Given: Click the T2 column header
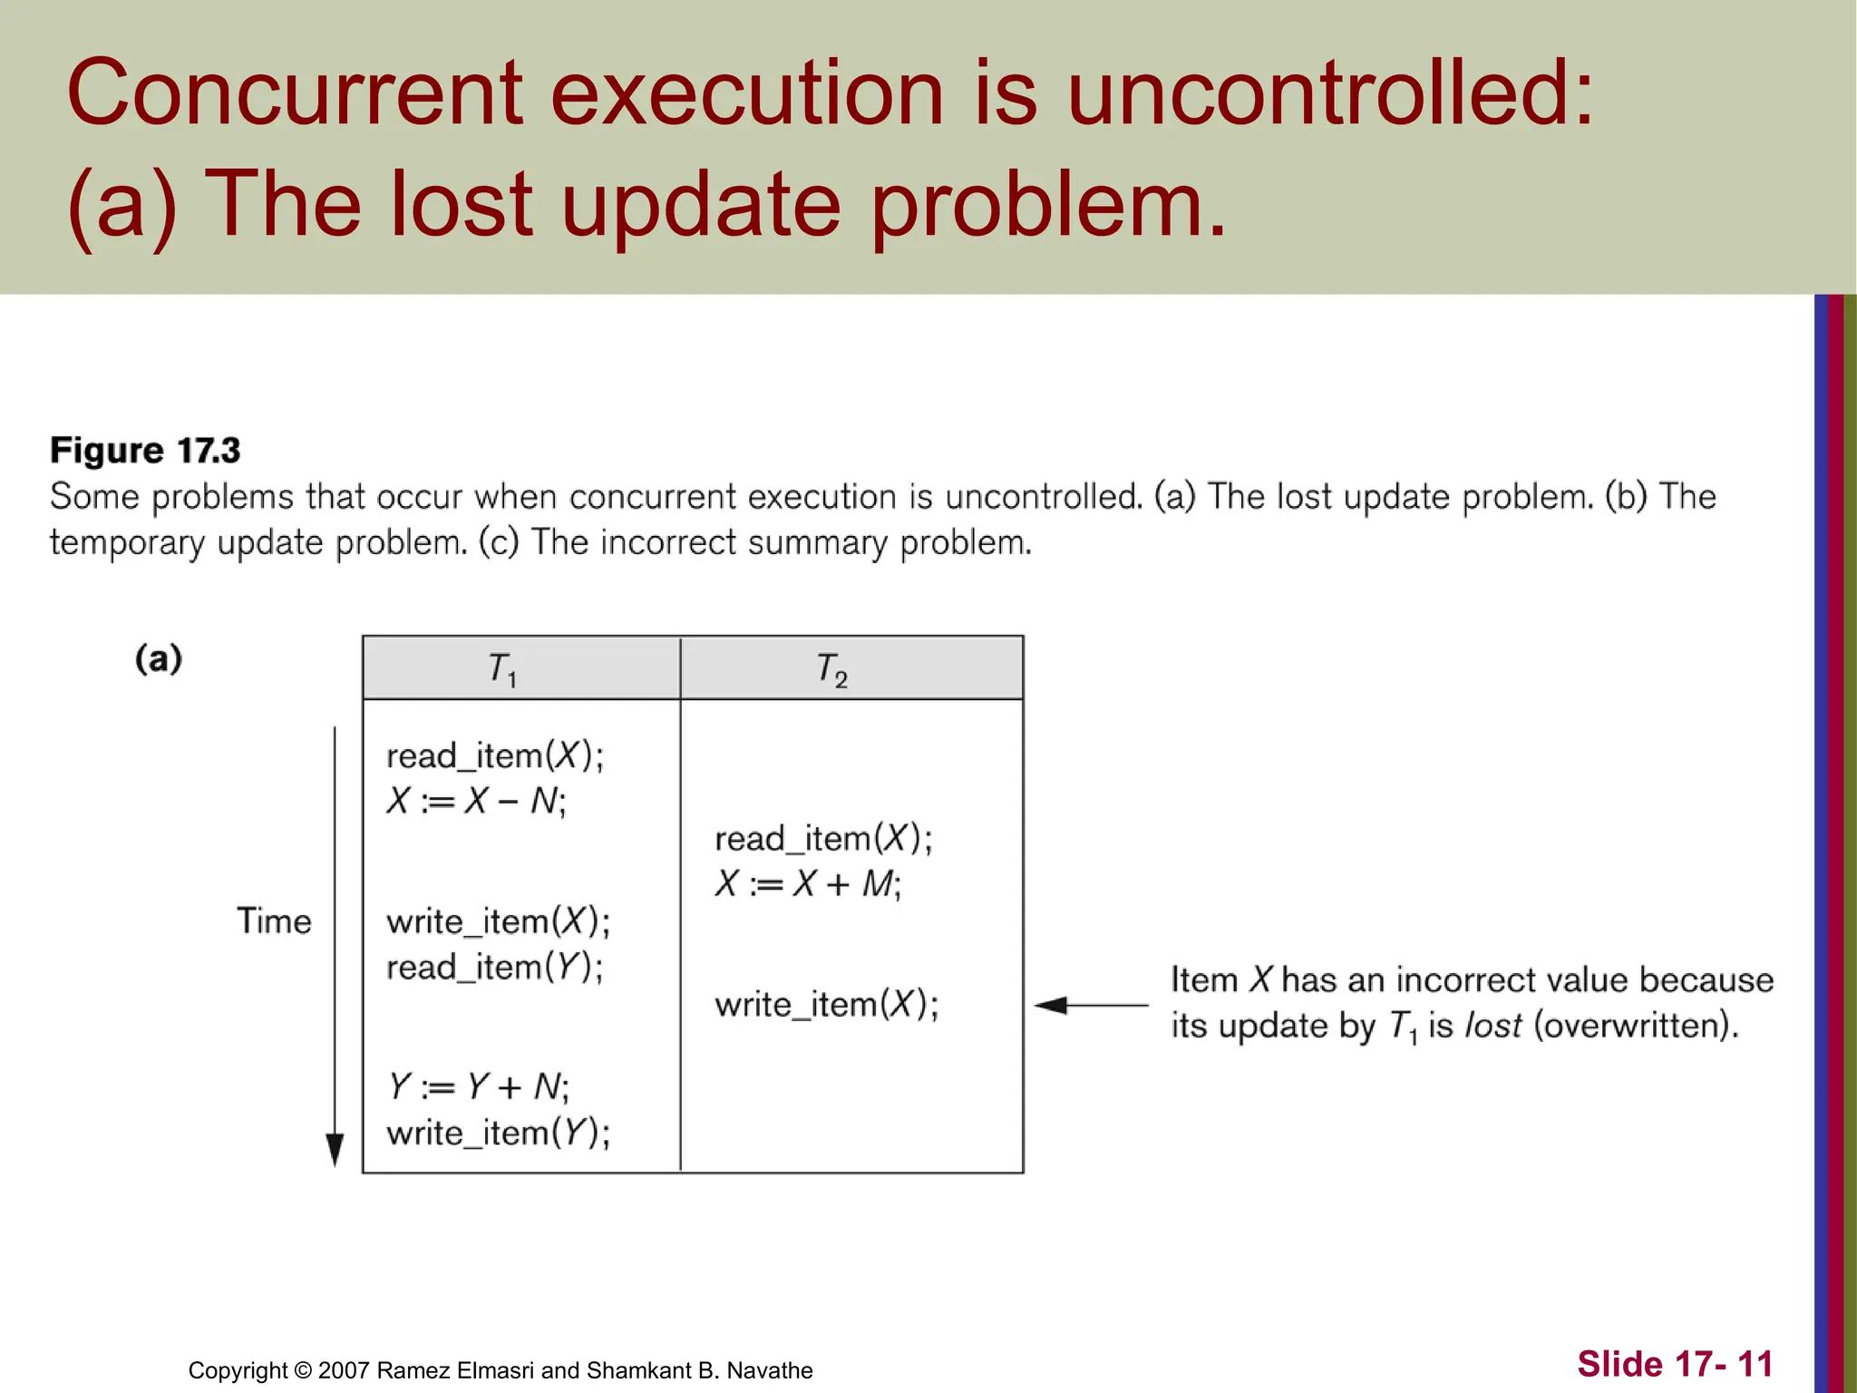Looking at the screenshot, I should (x=831, y=669).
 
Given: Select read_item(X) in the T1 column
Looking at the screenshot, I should (x=495, y=755).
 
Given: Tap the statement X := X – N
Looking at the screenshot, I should (x=476, y=801).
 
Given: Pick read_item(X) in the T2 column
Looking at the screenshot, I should (x=823, y=839).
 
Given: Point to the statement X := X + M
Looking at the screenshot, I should (x=808, y=883).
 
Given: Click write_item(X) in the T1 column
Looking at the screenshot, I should (x=498, y=921).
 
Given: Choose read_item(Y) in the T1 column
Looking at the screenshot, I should (x=495, y=967).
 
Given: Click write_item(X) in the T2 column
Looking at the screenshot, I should (x=826, y=1005).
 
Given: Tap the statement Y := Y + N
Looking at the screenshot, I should (x=478, y=1086).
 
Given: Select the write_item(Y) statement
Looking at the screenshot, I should (x=498, y=1133).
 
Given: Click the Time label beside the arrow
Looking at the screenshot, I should (x=274, y=921).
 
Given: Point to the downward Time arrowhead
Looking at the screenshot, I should (x=335, y=1150).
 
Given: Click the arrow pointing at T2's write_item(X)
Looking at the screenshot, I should (x=1088, y=1005).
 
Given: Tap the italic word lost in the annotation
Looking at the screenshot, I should (x=1493, y=1026).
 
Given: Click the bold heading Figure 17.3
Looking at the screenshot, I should (x=145, y=451).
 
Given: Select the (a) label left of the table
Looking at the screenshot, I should (x=159, y=658).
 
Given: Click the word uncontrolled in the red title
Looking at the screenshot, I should (x=1328, y=93).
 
